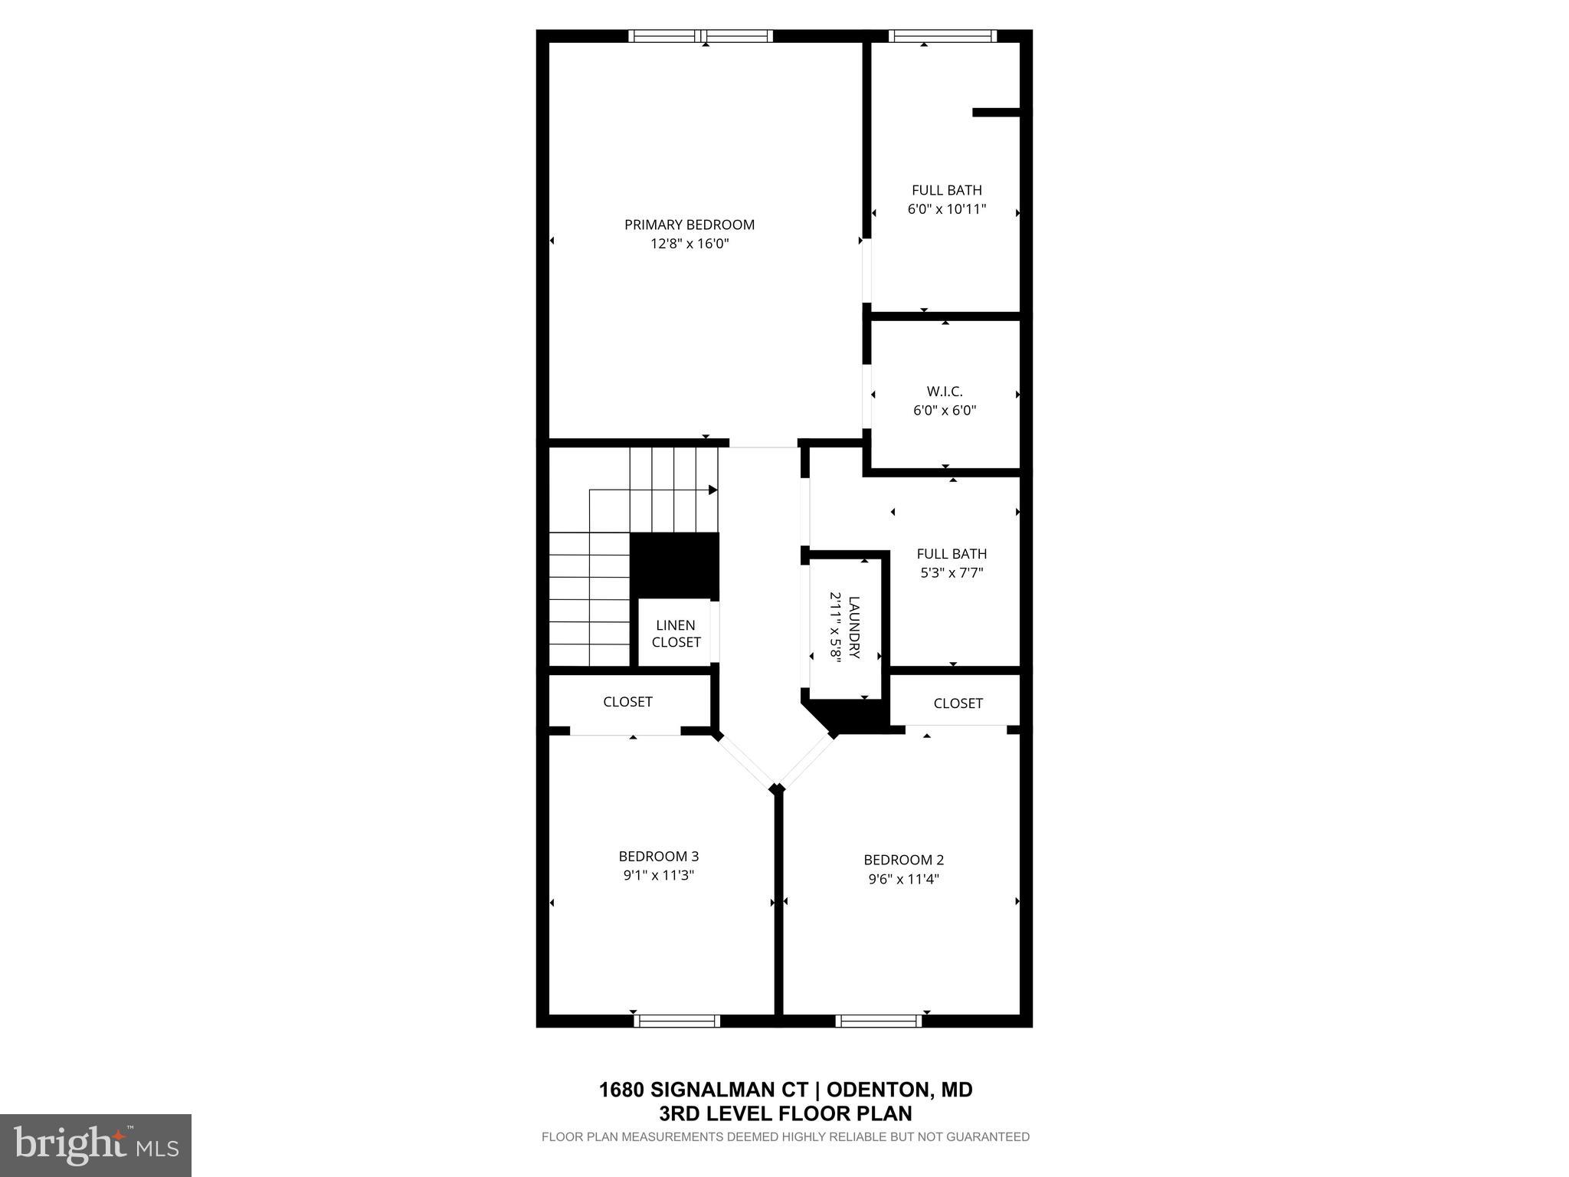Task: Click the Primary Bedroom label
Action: pos(689,225)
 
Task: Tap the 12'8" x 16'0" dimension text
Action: pos(689,244)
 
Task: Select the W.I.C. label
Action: pos(944,392)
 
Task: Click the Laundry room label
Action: pos(854,627)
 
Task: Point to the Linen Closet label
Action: pos(676,634)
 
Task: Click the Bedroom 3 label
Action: pos(658,856)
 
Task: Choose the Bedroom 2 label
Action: pos(903,860)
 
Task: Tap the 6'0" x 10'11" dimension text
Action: pos(946,208)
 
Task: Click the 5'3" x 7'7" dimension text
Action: pos(951,572)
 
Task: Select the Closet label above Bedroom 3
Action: pos(627,701)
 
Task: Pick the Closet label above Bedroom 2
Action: pos(958,703)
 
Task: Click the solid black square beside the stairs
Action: pos(674,566)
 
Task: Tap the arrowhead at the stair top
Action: pos(712,490)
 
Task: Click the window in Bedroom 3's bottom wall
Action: pos(676,1020)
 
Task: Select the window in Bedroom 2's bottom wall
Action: pos(879,1020)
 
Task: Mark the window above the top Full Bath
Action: pos(942,35)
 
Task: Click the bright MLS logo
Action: pos(96,1145)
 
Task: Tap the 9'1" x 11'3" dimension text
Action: pos(658,875)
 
